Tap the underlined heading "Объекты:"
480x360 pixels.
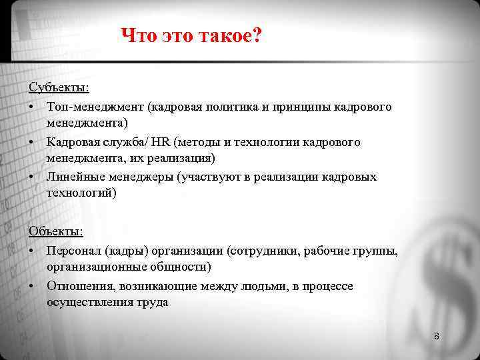click(56, 231)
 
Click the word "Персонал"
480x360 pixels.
click(74, 251)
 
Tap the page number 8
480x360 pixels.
click(437, 336)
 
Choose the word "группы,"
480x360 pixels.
click(374, 251)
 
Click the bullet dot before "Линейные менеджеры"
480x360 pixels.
click(32, 177)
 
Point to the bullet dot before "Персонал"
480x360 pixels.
click(32, 251)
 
